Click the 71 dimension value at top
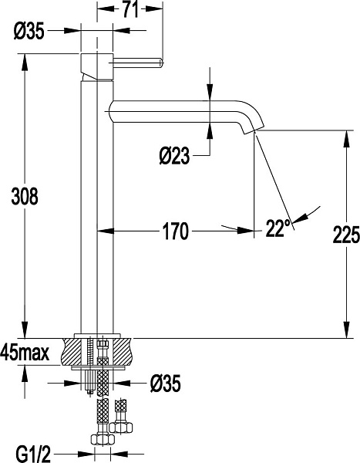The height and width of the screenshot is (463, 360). (130, 9)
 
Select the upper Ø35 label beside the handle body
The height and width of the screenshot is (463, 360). (29, 32)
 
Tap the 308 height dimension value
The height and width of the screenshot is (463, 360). (25, 196)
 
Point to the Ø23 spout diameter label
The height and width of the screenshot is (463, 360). (174, 156)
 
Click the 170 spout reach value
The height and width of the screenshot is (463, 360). (175, 231)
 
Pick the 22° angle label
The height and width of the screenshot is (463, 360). (278, 228)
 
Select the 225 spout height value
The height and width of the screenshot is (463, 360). (346, 235)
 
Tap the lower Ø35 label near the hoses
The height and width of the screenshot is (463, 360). (165, 384)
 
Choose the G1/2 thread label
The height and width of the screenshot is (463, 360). (33, 454)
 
